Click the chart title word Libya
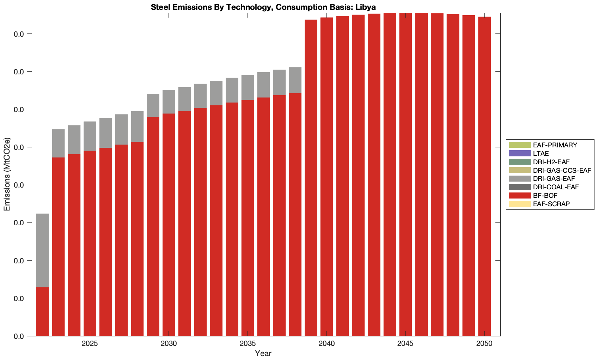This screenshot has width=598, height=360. pyautogui.click(x=366, y=7)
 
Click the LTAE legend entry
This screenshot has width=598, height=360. pyautogui.click(x=541, y=153)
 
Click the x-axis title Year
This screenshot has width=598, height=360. pyautogui.click(x=263, y=353)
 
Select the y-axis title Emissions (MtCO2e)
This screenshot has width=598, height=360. pyautogui.click(x=7, y=175)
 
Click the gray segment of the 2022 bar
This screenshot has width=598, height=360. pyautogui.click(x=43, y=250)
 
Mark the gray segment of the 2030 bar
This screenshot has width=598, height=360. pyautogui.click(x=169, y=102)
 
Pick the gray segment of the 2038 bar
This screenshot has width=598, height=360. pyautogui.click(x=295, y=80)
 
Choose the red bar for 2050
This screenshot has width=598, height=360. pyautogui.click(x=484, y=176)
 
